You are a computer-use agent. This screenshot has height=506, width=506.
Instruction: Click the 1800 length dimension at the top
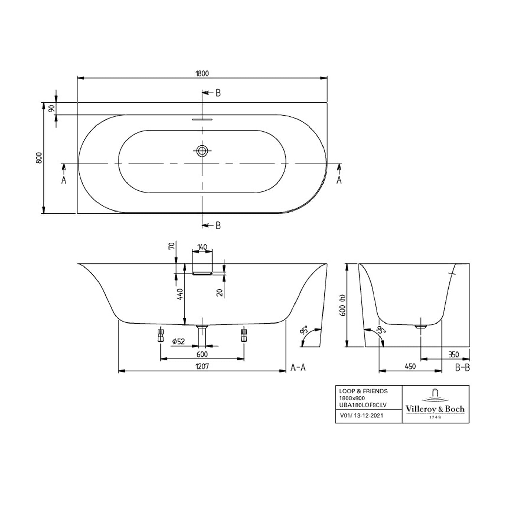[202, 73]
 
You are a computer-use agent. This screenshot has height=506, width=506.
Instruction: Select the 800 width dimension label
[39, 158]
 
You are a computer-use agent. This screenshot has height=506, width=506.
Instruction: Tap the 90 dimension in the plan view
[52, 108]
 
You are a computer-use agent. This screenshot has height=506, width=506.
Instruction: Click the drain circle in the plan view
[202, 151]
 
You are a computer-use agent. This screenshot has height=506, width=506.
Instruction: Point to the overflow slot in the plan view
[202, 119]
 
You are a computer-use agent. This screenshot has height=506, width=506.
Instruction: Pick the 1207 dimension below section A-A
[202, 366]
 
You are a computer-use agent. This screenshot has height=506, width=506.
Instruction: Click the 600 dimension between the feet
[202, 354]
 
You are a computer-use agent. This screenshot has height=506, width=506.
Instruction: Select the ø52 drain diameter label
[178, 341]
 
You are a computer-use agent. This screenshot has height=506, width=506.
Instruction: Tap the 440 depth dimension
[180, 294]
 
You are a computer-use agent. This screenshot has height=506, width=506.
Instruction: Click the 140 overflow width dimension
[202, 247]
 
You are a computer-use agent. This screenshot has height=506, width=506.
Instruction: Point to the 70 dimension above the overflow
[172, 246]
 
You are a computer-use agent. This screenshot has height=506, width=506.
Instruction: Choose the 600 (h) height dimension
[343, 306]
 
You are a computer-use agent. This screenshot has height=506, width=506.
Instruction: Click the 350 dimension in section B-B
[454, 355]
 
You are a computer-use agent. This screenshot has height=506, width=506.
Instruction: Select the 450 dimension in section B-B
[410, 366]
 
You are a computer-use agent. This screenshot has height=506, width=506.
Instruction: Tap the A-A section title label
[298, 367]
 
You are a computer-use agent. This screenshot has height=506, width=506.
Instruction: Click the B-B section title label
[462, 367]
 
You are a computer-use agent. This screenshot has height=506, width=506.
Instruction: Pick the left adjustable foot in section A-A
[161, 334]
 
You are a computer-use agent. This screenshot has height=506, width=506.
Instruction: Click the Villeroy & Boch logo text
[435, 409]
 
